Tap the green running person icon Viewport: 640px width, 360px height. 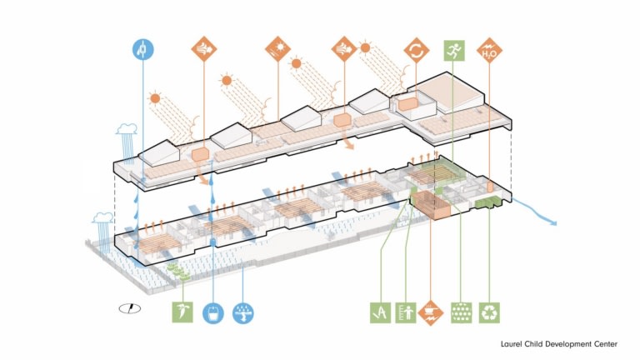(x=454, y=51)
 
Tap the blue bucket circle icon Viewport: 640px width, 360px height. (x=213, y=312)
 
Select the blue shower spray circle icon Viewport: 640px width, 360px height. (x=244, y=312)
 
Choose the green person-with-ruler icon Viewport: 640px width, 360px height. (x=407, y=312)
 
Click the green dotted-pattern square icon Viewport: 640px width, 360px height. (x=461, y=312)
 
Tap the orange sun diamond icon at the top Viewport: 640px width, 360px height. (x=276, y=50)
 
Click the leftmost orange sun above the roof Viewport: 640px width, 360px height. (x=154, y=98)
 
